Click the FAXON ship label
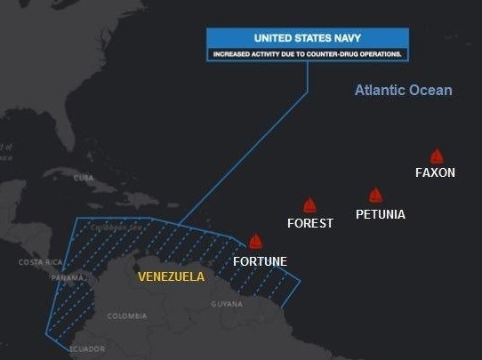(x=435, y=172)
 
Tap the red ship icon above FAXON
(x=437, y=156)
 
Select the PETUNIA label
(x=380, y=214)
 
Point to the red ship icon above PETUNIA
(x=375, y=196)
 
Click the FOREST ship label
(x=309, y=223)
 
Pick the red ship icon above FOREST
(x=309, y=205)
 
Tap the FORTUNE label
(x=260, y=261)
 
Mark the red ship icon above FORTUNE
(x=256, y=242)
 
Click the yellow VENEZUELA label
(x=171, y=276)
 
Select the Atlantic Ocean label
(x=403, y=90)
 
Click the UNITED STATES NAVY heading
(x=307, y=39)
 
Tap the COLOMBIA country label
(x=127, y=316)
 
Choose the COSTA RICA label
(x=41, y=262)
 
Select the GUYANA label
(x=227, y=304)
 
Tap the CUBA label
(x=84, y=178)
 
